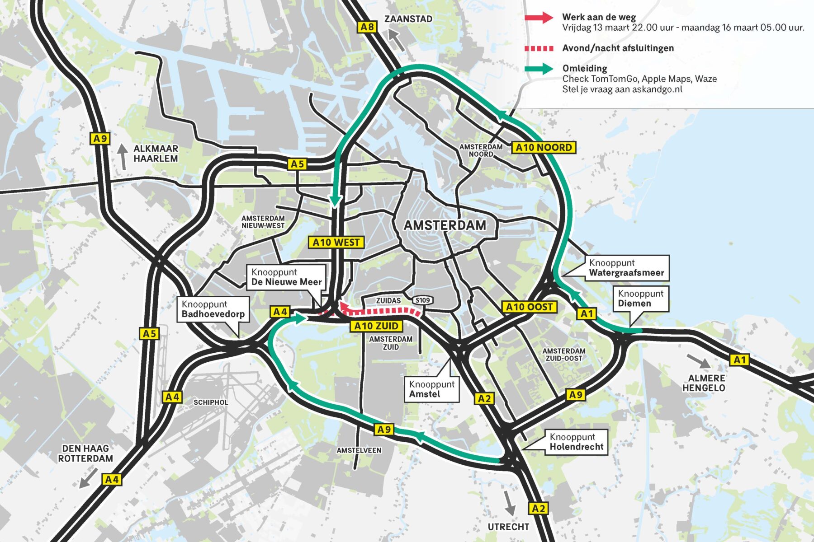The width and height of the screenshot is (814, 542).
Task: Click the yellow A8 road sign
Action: pos(367,27)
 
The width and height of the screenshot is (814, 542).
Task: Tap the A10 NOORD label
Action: pos(544,147)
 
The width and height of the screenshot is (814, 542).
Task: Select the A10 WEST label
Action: pos(336,243)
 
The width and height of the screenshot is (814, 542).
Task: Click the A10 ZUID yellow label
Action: pos(376,326)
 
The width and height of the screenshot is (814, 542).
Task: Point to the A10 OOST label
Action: pos(529,307)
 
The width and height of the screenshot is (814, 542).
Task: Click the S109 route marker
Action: pos(423,300)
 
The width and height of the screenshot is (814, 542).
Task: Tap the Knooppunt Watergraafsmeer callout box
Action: pos(626,268)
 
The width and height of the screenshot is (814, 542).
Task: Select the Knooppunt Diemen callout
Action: pos(640,299)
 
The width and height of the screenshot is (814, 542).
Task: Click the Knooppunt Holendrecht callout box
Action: pos(576,442)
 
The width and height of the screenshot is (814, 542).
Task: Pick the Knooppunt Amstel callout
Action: pos(431,389)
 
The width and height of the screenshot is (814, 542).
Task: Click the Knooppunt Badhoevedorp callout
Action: pos(213,309)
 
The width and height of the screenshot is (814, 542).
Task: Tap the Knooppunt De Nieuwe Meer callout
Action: pos(286,277)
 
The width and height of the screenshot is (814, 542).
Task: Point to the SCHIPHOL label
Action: pos(211,402)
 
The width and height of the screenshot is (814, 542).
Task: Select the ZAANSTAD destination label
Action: pos(408,19)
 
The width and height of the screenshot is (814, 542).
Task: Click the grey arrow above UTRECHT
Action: pos(509,503)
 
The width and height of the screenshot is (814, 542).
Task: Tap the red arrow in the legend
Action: pos(539,18)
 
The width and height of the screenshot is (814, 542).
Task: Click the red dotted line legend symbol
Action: pos(539,48)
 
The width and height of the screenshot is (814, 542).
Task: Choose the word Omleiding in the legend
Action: pos(584,69)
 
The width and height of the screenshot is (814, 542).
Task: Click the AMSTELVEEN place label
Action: pos(359,450)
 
